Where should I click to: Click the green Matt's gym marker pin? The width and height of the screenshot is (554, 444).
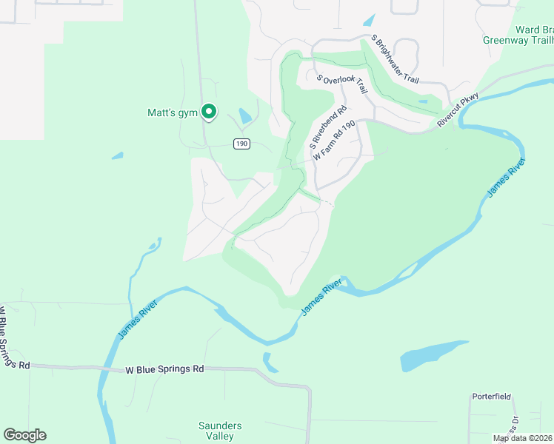click(x=209, y=112)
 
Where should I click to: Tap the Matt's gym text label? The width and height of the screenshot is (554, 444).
click(x=172, y=113)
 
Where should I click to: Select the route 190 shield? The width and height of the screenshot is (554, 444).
click(x=241, y=143)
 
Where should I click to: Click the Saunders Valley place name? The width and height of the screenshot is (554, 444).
click(x=220, y=431)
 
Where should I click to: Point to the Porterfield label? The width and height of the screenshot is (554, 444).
click(x=492, y=397)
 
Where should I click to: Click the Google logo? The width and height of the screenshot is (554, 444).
click(x=24, y=435)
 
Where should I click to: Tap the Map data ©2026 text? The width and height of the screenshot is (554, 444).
click(x=522, y=438)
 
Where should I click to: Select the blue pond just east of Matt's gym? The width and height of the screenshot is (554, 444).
click(x=244, y=116)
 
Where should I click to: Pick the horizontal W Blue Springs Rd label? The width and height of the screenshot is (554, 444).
click(x=164, y=369)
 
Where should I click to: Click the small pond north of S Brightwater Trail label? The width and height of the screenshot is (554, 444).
click(x=370, y=20)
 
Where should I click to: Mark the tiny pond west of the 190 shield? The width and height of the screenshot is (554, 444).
click(x=117, y=155)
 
